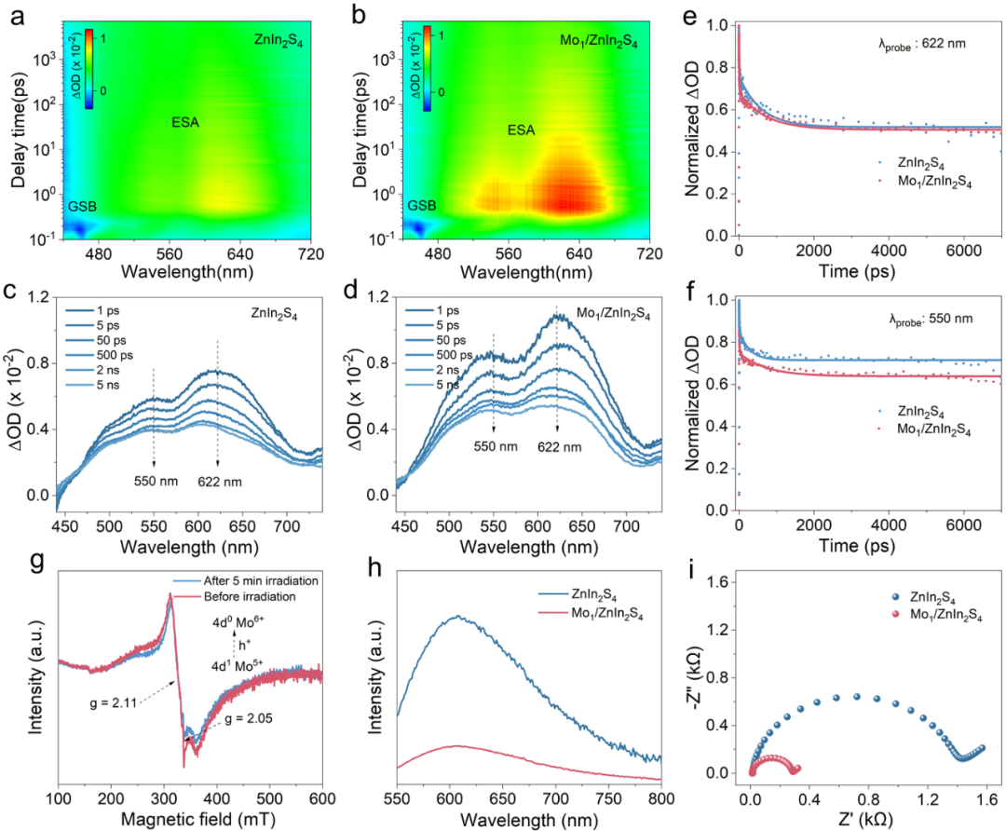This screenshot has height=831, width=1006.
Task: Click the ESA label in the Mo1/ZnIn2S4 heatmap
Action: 522,130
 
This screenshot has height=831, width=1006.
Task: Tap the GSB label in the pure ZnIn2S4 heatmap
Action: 80,205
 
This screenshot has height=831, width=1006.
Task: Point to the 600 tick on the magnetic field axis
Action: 322,798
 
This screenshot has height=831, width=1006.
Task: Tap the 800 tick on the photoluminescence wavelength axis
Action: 661,798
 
